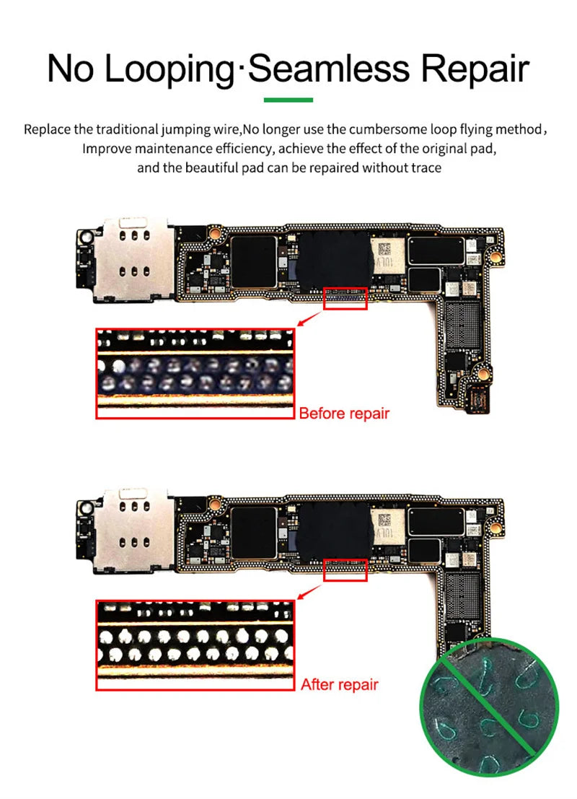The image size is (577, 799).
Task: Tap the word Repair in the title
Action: point(475,69)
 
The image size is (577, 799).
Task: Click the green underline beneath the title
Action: point(288,100)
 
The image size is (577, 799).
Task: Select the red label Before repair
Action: point(343,414)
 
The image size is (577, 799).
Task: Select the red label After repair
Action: point(339,684)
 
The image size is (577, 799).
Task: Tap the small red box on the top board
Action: point(345,299)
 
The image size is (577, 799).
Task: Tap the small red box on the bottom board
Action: point(345,570)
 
